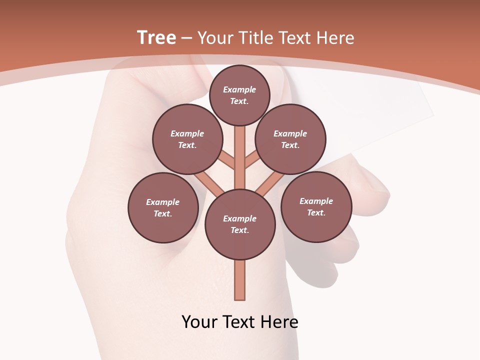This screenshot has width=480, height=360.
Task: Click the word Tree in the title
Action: point(156,37)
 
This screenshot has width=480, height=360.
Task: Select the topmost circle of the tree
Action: point(239,95)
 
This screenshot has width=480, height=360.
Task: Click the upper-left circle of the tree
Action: point(187,139)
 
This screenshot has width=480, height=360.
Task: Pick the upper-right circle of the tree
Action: point(290,139)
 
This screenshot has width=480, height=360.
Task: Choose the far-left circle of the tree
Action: point(163,207)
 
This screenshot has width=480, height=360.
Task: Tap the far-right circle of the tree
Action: point(316,206)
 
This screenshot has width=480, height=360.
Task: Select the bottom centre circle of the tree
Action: point(240,224)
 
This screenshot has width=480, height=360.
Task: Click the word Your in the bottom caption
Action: point(199,321)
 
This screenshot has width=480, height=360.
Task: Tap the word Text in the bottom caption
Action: point(238,321)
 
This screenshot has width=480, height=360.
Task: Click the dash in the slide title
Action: point(186,38)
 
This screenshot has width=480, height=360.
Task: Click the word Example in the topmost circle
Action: point(239,89)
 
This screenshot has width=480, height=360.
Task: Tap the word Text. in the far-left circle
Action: point(163,213)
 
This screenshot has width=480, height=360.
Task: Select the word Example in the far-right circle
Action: point(316,201)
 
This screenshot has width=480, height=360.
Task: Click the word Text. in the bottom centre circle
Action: point(240,230)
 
